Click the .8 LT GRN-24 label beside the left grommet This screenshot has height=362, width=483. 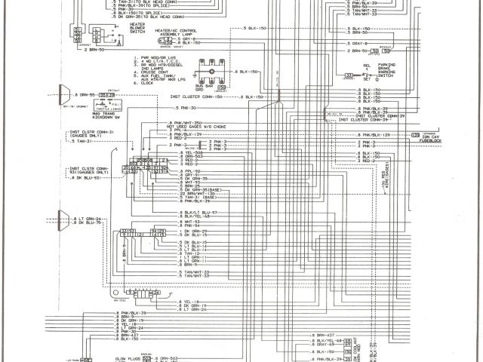pyautogui.click(x=88, y=218)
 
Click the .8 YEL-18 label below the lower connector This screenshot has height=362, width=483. pyautogui.click(x=173, y=300)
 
